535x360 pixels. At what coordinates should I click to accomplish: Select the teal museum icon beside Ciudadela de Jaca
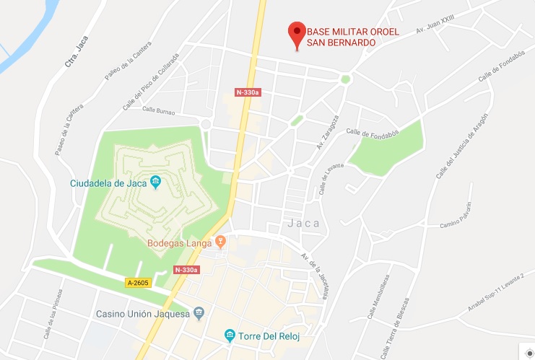pyautogui.click(x=155, y=183)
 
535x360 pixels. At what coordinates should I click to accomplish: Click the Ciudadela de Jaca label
pyautogui.click(x=108, y=183)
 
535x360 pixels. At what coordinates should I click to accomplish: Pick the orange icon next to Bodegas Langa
pyautogui.click(x=222, y=242)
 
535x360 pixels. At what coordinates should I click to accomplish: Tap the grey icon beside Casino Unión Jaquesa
pyautogui.click(x=200, y=314)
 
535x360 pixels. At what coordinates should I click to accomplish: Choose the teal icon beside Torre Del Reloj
pyautogui.click(x=230, y=335)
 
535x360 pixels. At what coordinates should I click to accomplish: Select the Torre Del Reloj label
pyautogui.click(x=269, y=336)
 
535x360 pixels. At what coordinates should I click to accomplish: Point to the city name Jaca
pyautogui.click(x=303, y=223)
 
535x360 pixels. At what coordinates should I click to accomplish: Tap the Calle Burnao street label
pyautogui.click(x=159, y=110)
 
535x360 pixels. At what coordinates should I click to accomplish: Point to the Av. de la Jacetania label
pyautogui.click(x=320, y=270)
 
